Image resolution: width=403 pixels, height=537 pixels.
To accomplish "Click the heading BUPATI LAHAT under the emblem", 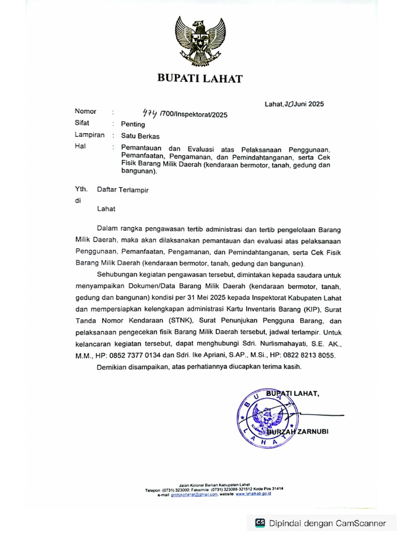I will (200, 79).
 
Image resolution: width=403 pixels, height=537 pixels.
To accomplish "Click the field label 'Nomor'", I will (86, 112).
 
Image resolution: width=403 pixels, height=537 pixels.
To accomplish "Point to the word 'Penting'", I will (133, 124).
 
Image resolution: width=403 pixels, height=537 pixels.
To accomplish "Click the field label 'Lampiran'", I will (89, 135).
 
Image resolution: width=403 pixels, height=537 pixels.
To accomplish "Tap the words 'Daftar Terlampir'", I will (123, 190).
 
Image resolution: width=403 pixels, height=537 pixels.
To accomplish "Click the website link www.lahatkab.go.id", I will (253, 494).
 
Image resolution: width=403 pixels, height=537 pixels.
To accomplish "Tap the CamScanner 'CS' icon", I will (260, 523).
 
